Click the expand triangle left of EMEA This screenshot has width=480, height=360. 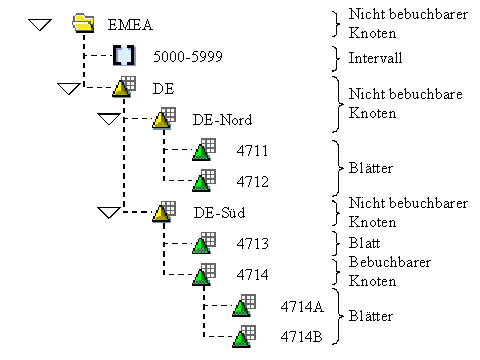click(39, 25)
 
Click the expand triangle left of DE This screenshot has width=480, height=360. click(69, 89)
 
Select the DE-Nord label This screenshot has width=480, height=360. click(221, 120)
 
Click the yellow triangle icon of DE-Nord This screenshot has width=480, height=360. click(162, 120)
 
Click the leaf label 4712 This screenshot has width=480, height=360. click(252, 182)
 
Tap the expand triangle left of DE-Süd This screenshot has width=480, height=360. click(108, 212)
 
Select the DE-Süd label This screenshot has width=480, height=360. click(218, 213)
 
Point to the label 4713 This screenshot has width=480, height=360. click(252, 244)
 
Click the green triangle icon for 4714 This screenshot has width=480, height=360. click(202, 275)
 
